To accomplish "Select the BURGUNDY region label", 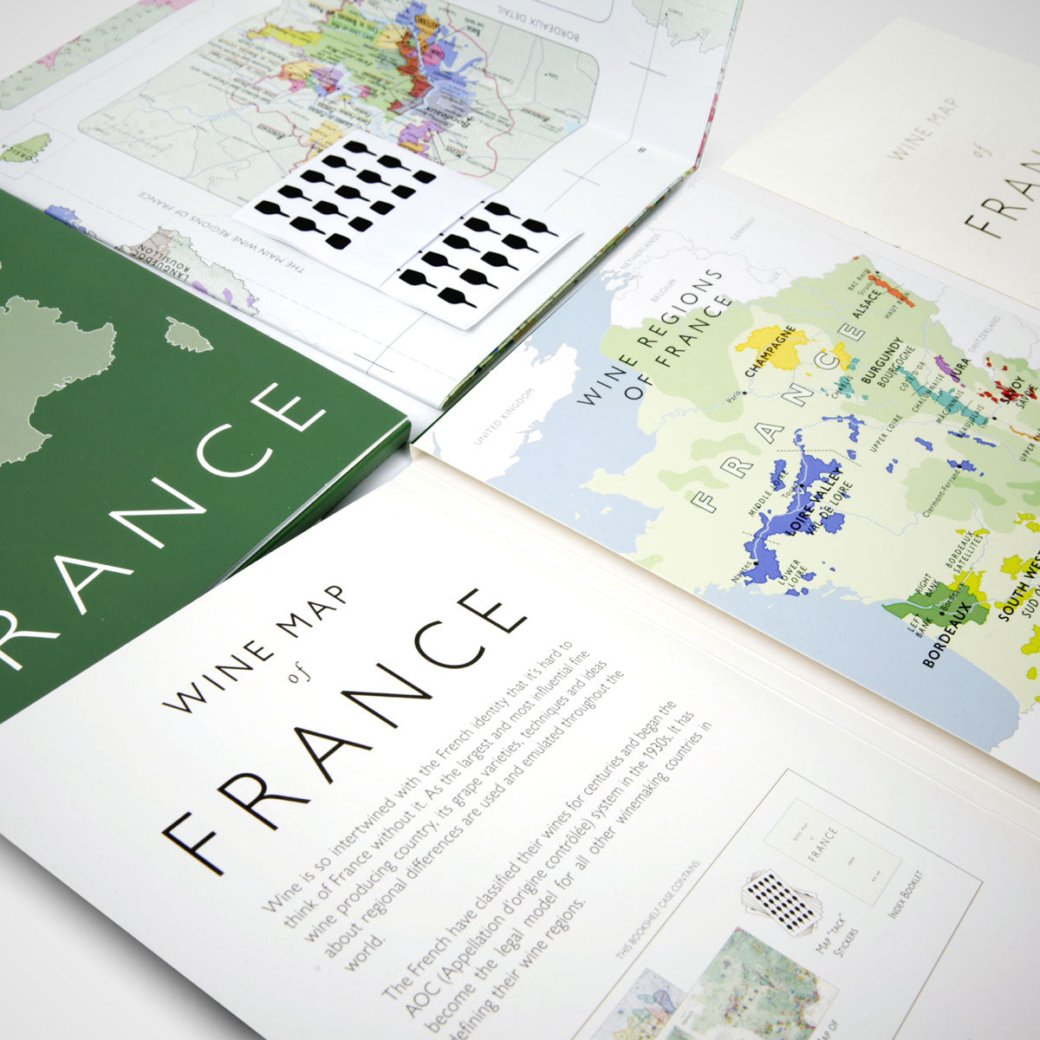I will (x=881, y=360).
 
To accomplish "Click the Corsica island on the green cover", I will (x=188, y=335).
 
